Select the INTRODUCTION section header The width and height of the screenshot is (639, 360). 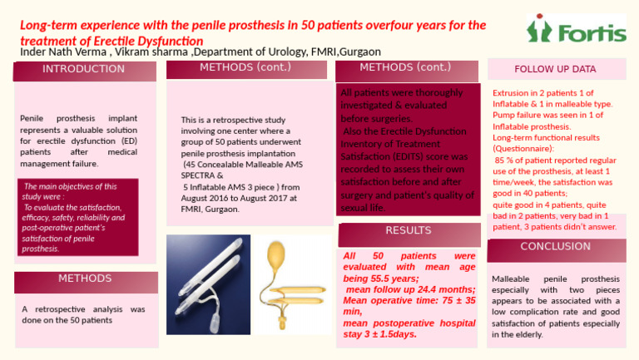(84, 69)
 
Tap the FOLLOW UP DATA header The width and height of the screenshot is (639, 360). (554, 69)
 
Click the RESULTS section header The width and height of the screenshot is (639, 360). (408, 230)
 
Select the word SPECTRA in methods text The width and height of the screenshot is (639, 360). (199, 176)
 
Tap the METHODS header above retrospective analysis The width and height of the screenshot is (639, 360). (84, 279)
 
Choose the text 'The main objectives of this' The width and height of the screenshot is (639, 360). (71, 186)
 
